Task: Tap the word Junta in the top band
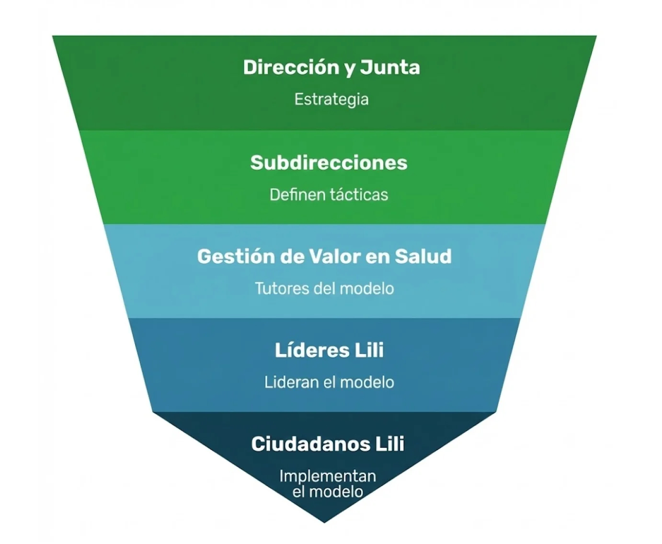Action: click(x=390, y=67)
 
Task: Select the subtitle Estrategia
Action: click(x=331, y=99)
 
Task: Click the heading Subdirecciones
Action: click(x=329, y=162)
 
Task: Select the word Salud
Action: click(x=423, y=257)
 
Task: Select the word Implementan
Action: click(x=328, y=476)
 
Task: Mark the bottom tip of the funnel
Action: click(x=325, y=521)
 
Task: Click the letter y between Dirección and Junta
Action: click(x=350, y=68)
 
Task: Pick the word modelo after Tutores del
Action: click(x=366, y=288)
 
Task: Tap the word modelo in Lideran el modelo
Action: click(x=366, y=382)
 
